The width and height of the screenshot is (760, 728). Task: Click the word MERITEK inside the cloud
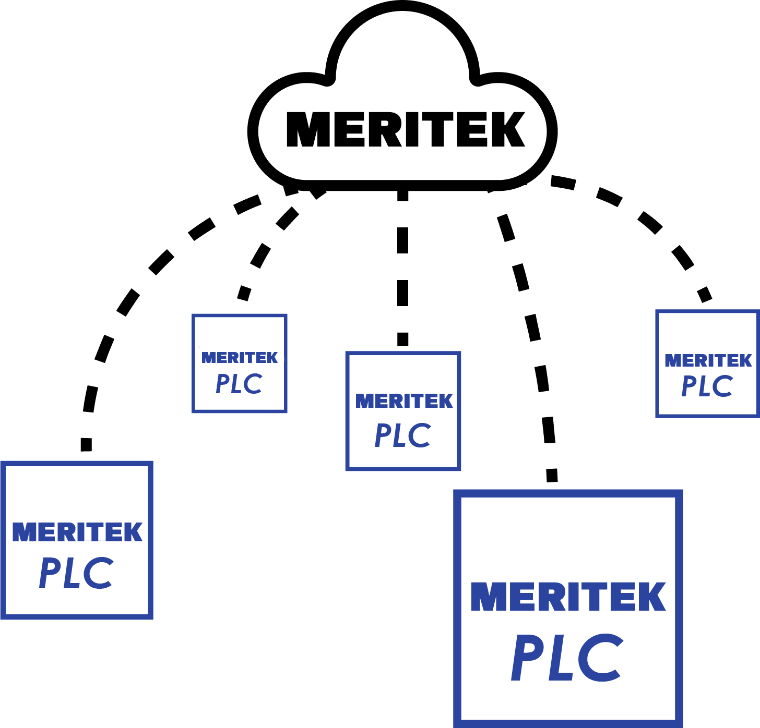(405, 129)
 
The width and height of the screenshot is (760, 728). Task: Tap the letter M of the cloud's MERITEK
(308, 129)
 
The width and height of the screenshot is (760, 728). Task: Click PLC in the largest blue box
(567, 658)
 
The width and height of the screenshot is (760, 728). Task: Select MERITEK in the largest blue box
(568, 597)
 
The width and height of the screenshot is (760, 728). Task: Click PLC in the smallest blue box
(239, 384)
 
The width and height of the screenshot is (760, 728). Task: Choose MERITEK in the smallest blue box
(240, 358)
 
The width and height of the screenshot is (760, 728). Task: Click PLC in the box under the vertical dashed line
(403, 435)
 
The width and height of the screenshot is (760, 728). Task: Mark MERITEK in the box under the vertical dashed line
(404, 401)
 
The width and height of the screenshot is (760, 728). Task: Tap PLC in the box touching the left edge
(76, 573)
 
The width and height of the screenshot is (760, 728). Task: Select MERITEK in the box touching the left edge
(77, 532)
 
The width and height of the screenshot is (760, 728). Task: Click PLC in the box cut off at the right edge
(707, 386)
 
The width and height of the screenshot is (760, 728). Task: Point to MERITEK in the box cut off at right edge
(708, 360)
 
